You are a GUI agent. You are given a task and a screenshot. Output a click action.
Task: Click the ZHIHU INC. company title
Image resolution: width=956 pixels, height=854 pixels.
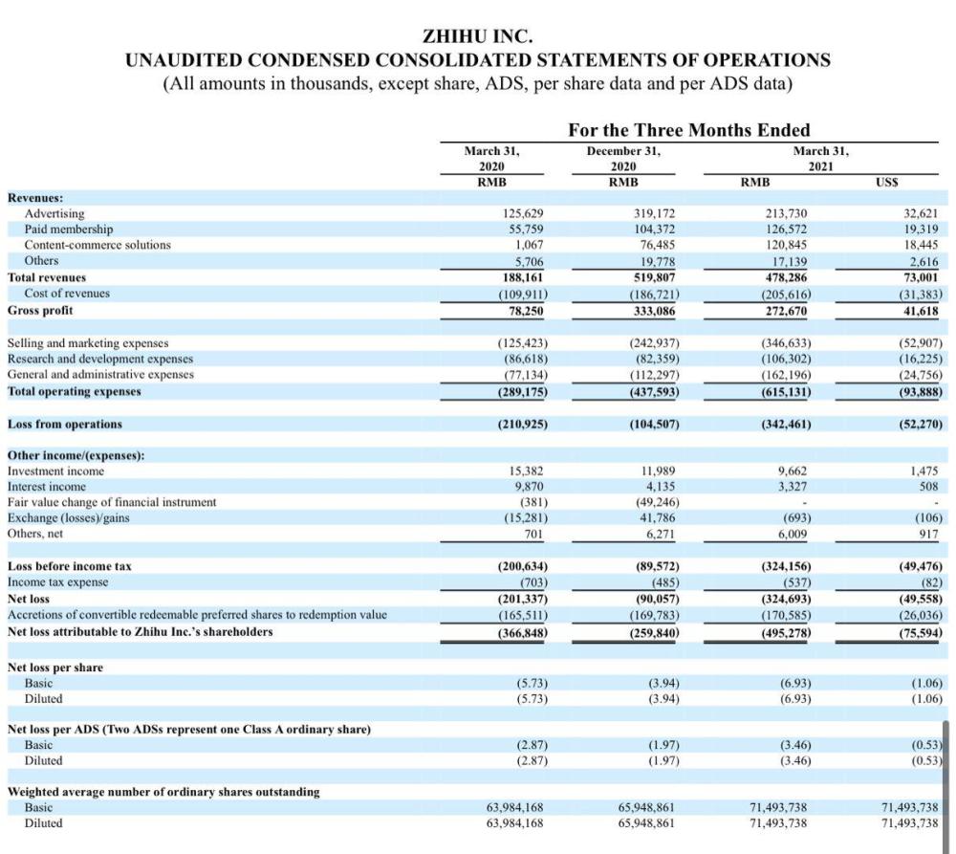[x=477, y=35]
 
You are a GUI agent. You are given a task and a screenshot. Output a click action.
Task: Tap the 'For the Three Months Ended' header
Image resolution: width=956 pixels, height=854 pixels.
[x=688, y=130]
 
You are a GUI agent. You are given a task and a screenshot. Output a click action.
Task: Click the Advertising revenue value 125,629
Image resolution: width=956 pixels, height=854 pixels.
[x=522, y=213]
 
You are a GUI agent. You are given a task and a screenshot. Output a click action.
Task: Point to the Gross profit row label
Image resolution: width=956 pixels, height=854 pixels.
[x=40, y=310]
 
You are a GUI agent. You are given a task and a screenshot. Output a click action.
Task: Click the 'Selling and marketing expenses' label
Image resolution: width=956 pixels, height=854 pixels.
[x=88, y=342]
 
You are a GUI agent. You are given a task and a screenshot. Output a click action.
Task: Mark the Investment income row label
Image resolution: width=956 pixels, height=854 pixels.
[x=55, y=471]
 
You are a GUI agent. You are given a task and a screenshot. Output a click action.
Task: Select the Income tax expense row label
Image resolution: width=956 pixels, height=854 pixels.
[x=57, y=581]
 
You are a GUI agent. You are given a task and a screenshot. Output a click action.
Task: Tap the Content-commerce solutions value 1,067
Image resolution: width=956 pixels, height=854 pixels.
[x=530, y=245]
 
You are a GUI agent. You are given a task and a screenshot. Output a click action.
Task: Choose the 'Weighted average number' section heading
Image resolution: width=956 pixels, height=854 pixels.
[x=163, y=792]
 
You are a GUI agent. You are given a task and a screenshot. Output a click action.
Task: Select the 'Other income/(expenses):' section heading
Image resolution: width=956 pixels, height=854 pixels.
[x=76, y=454]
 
